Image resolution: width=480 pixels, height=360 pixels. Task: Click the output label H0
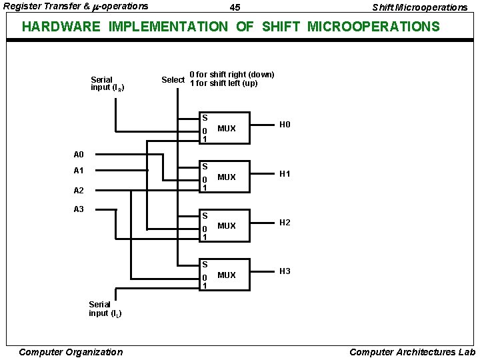tap(285, 125)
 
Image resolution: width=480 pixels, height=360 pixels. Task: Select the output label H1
tap(285, 173)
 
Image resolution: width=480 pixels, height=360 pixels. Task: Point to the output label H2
tap(285, 222)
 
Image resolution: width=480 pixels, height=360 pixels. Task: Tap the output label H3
tap(285, 271)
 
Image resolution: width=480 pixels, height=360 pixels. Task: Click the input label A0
tap(79, 154)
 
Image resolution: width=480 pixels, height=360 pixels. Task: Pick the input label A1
tap(79, 171)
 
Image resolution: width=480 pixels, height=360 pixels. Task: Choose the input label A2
tap(79, 190)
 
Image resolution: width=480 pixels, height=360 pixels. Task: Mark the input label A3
tap(79, 209)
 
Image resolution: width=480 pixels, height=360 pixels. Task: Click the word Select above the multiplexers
tap(173, 80)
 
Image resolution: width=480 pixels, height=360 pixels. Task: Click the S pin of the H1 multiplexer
tap(205, 167)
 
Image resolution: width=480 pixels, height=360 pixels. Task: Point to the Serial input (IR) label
tap(107, 83)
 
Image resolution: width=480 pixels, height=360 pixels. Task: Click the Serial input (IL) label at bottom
tap(105, 309)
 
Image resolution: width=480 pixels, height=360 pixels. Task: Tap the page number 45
tap(235, 7)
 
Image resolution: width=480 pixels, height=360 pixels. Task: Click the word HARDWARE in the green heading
tap(61, 27)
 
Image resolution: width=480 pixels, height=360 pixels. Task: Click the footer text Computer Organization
tap(71, 352)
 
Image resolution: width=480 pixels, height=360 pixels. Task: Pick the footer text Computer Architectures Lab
tap(412, 352)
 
